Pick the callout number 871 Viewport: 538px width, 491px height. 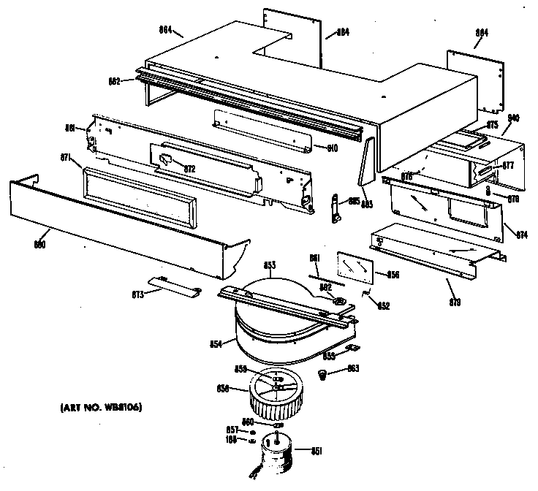pos(65,157)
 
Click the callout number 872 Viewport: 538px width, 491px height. pos(190,169)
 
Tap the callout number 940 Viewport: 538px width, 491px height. pos(513,118)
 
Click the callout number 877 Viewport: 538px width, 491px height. pos(508,165)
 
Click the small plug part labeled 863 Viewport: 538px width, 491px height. pos(322,375)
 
